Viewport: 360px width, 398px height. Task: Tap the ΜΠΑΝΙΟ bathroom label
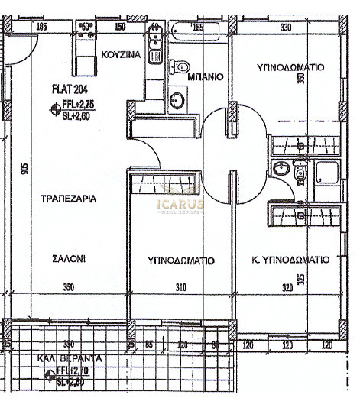click(x=206, y=77)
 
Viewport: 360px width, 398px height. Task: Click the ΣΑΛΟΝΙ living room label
click(x=69, y=259)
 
